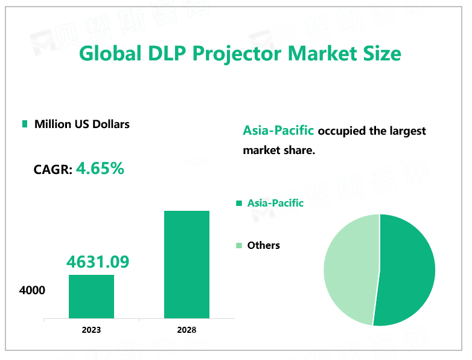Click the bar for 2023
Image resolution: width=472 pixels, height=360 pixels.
91,297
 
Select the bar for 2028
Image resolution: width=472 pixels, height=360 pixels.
187,265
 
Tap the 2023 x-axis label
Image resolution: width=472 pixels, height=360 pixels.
91,330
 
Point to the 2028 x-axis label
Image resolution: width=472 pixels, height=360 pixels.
187,330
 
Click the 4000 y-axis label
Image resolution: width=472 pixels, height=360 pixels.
32,291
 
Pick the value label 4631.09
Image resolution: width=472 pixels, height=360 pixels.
98,262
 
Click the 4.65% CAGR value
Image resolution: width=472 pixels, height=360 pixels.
100,169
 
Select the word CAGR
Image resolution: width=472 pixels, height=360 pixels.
53,170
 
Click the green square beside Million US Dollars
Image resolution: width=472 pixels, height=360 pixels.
25,124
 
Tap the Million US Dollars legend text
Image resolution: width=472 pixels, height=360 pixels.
82,124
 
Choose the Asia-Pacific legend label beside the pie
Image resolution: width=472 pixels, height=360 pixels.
275,203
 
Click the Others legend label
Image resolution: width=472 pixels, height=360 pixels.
264,245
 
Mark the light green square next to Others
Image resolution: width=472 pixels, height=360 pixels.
239,245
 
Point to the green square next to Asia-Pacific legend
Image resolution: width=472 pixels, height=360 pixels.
239,204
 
